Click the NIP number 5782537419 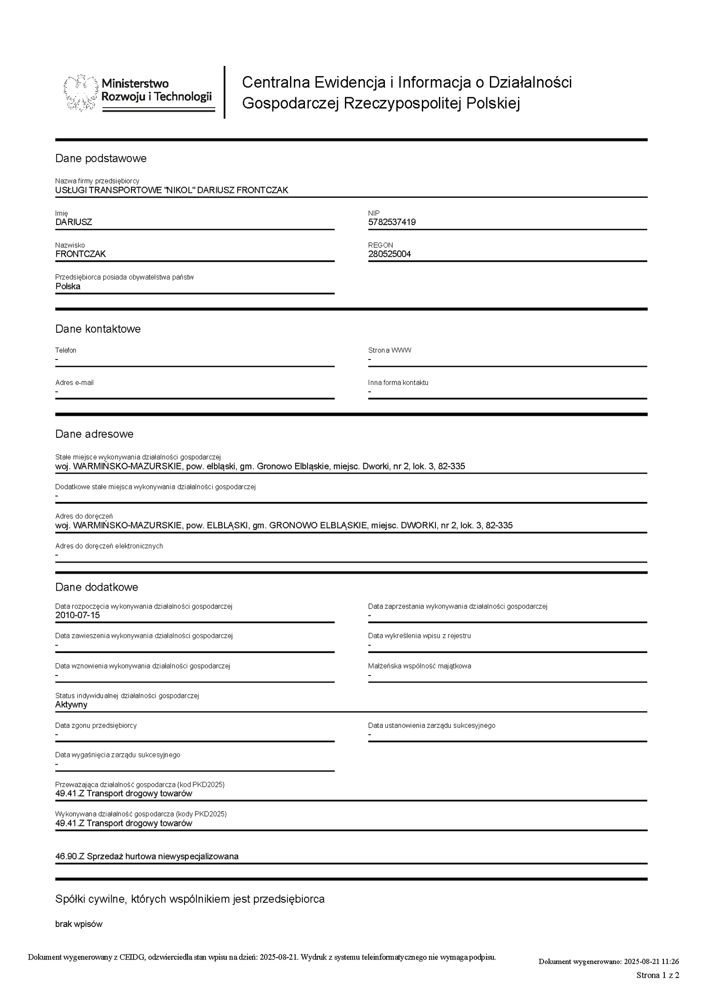tap(391, 222)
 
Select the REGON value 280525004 tap(389, 254)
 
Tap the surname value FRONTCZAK tap(80, 254)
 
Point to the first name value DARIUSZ tap(73, 222)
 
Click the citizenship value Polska tap(68, 286)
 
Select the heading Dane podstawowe tap(101, 158)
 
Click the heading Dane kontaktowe tap(98, 329)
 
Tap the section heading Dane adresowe tap(94, 434)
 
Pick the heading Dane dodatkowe tap(96, 587)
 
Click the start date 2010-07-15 tap(77, 615)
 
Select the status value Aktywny tap(71, 704)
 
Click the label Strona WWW tap(389, 350)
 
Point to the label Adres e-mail tap(74, 382)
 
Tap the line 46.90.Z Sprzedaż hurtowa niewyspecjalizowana tap(147, 856)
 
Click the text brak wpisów tap(79, 924)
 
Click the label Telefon tap(65, 350)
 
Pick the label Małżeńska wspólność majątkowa tap(419, 666)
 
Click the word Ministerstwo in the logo tap(135, 84)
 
